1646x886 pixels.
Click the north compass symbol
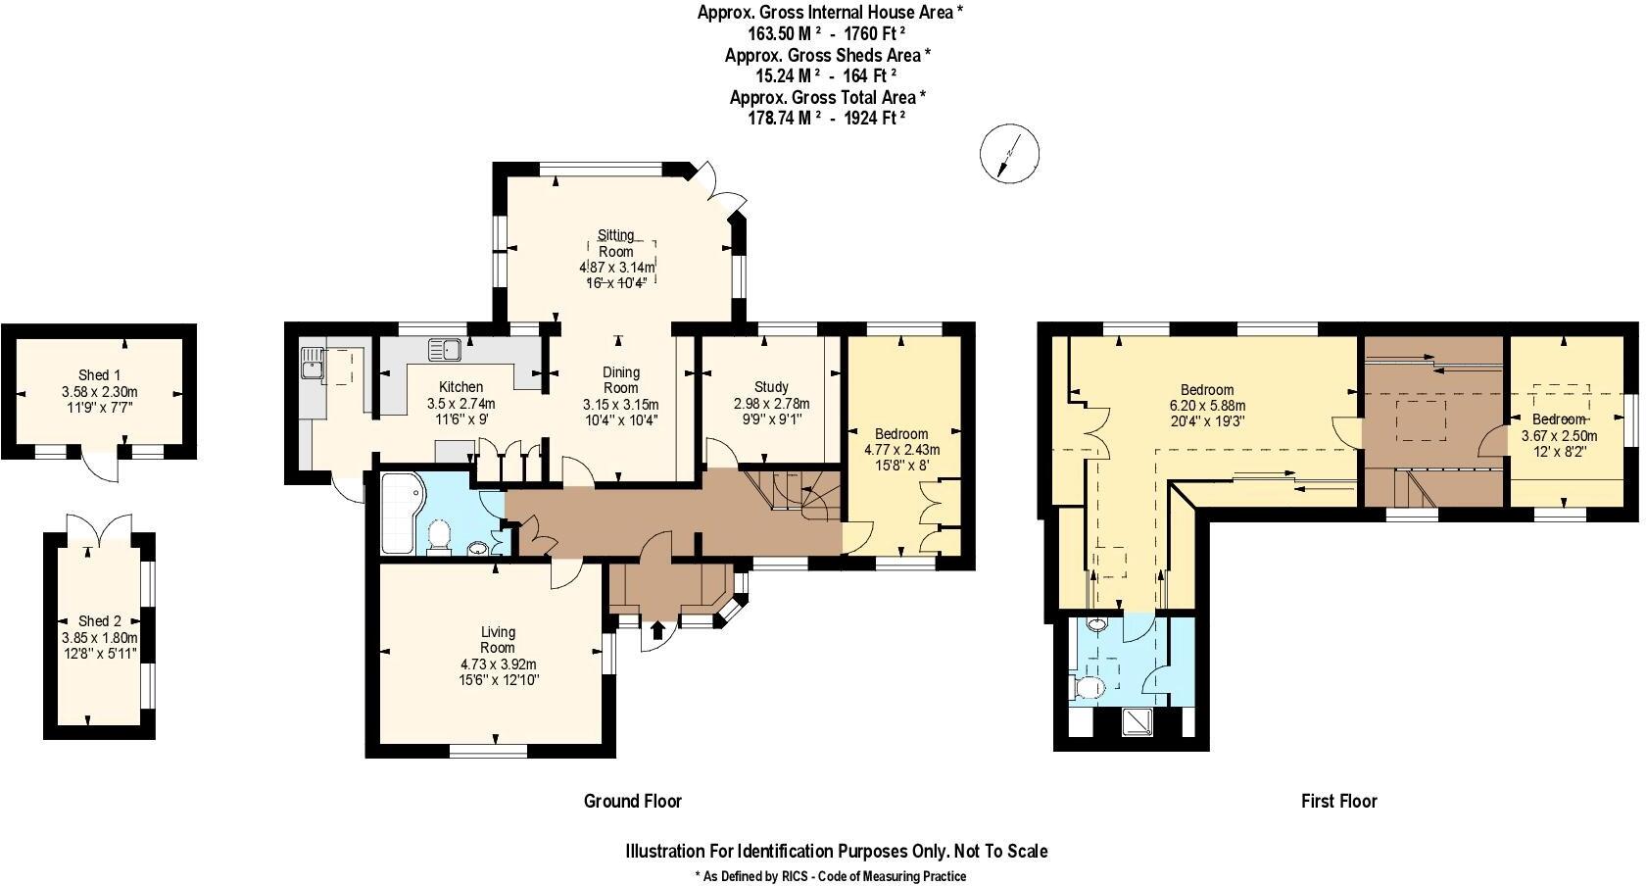[x=1007, y=154]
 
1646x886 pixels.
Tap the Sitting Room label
[x=616, y=243]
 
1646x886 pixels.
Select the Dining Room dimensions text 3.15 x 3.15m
[x=620, y=404]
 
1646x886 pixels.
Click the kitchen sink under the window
[x=446, y=348]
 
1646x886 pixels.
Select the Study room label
[x=771, y=387]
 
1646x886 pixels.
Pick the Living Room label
[x=498, y=640]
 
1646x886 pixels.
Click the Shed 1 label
[x=99, y=375]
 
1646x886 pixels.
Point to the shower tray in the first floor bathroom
[x=1138, y=722]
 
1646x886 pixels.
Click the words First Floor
[x=1338, y=802]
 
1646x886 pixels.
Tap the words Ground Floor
[x=632, y=802]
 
